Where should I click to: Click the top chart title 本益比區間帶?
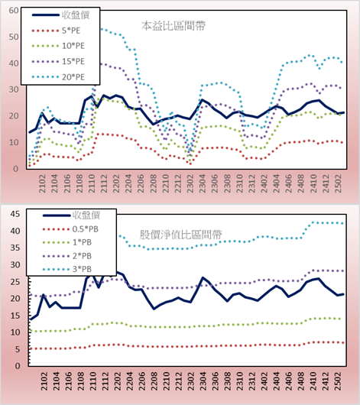click(x=174, y=26)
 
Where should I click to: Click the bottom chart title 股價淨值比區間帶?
click(x=180, y=235)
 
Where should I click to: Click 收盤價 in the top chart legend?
click(x=76, y=15)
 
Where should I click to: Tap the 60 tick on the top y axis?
click(x=14, y=11)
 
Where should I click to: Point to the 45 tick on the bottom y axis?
click(x=15, y=214)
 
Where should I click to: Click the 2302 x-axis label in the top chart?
click(x=190, y=183)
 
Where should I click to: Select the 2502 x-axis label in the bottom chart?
click(x=338, y=381)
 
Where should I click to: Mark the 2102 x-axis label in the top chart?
click(x=42, y=183)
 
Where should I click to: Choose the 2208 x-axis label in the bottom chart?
click(x=154, y=381)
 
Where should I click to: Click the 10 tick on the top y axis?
click(x=14, y=142)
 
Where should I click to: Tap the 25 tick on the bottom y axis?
click(x=15, y=281)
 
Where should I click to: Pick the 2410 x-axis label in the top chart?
click(x=313, y=183)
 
